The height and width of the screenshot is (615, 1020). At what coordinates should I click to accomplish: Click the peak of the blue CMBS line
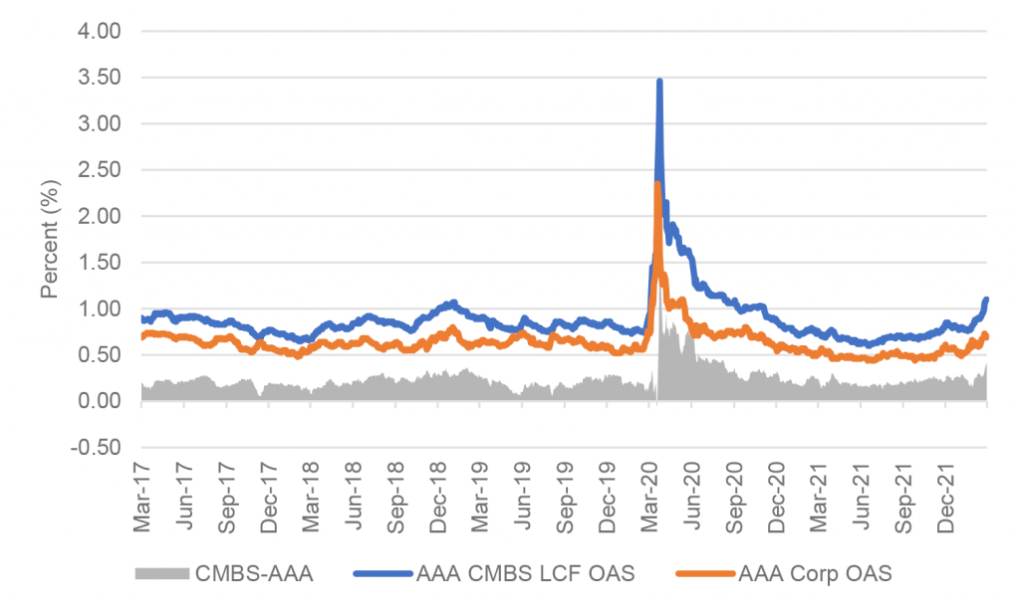[659, 81]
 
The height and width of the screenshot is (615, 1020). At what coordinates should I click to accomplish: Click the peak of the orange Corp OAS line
[657, 183]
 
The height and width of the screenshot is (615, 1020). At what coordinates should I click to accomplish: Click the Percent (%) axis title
[49, 239]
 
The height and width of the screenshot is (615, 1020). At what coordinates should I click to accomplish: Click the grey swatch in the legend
[160, 573]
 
